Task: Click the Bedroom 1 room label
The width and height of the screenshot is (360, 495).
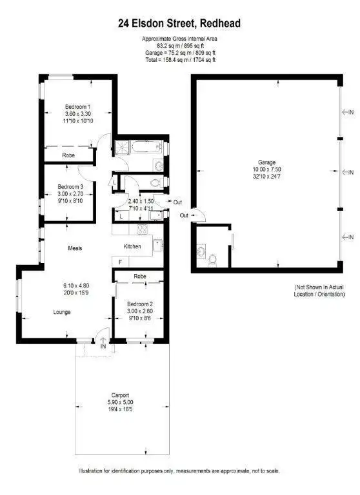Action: pos(77,106)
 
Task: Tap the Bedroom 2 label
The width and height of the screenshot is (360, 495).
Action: pos(139,304)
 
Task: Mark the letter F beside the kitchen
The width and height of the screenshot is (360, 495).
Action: pos(120,262)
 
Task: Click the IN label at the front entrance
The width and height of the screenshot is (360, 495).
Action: pos(103,346)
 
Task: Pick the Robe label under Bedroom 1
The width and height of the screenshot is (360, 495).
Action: pos(69,155)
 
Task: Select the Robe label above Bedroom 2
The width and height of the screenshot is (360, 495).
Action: pos(139,276)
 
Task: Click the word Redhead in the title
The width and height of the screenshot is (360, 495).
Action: pos(221,23)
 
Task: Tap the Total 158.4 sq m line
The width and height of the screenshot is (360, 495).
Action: pos(178,59)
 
